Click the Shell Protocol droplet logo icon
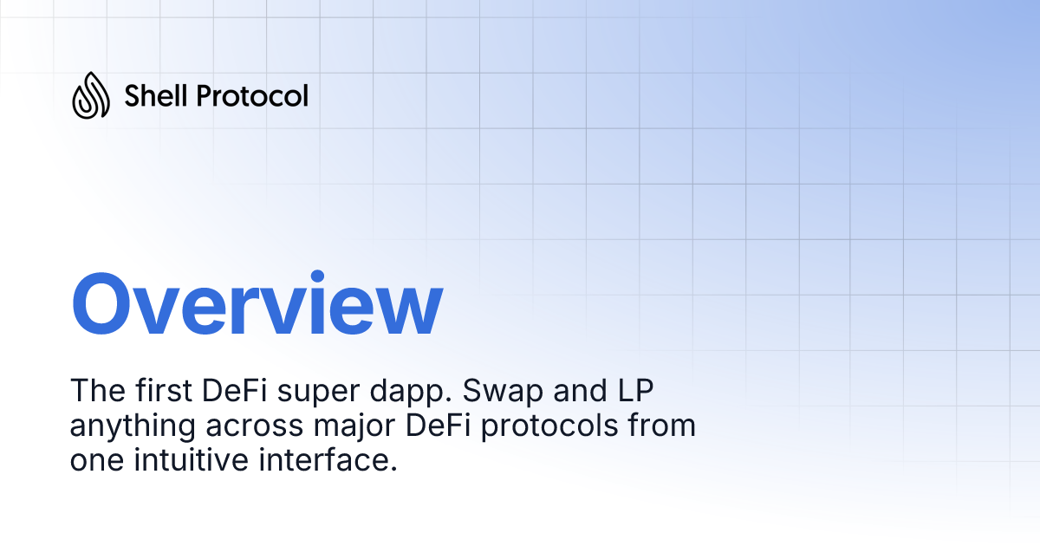(x=91, y=95)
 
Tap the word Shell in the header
(x=157, y=95)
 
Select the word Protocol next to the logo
(x=252, y=95)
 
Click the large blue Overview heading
(x=257, y=305)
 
